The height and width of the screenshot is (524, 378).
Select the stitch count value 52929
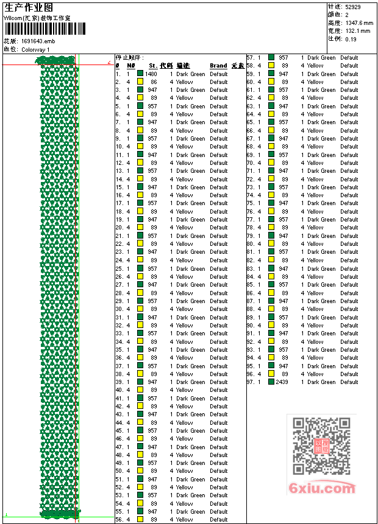pyautogui.click(x=354, y=7)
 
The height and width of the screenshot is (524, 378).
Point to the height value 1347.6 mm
pyautogui.click(x=358, y=23)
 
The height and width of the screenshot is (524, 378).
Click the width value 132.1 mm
pyautogui.click(x=357, y=30)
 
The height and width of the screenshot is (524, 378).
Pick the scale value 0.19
pyautogui.click(x=351, y=38)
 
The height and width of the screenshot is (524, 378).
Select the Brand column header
pyautogui.click(x=218, y=66)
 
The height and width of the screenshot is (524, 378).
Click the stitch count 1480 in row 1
pyautogui.click(x=151, y=74)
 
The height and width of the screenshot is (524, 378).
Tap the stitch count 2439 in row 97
pyautogui.click(x=282, y=382)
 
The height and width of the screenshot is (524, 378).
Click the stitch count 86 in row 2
pyautogui.click(x=154, y=82)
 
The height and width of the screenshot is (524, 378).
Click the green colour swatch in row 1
pyautogui.click(x=140, y=74)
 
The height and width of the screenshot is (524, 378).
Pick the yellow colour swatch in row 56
pyautogui.click(x=140, y=520)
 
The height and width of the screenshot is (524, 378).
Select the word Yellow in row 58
pyautogui.click(x=315, y=66)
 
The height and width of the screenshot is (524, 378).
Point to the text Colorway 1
pyautogui.click(x=35, y=49)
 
